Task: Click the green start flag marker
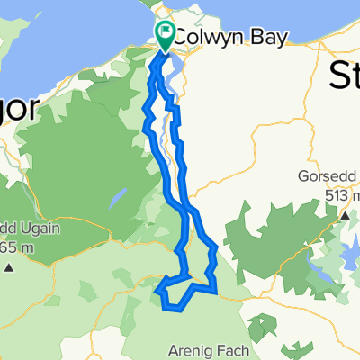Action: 166,34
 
